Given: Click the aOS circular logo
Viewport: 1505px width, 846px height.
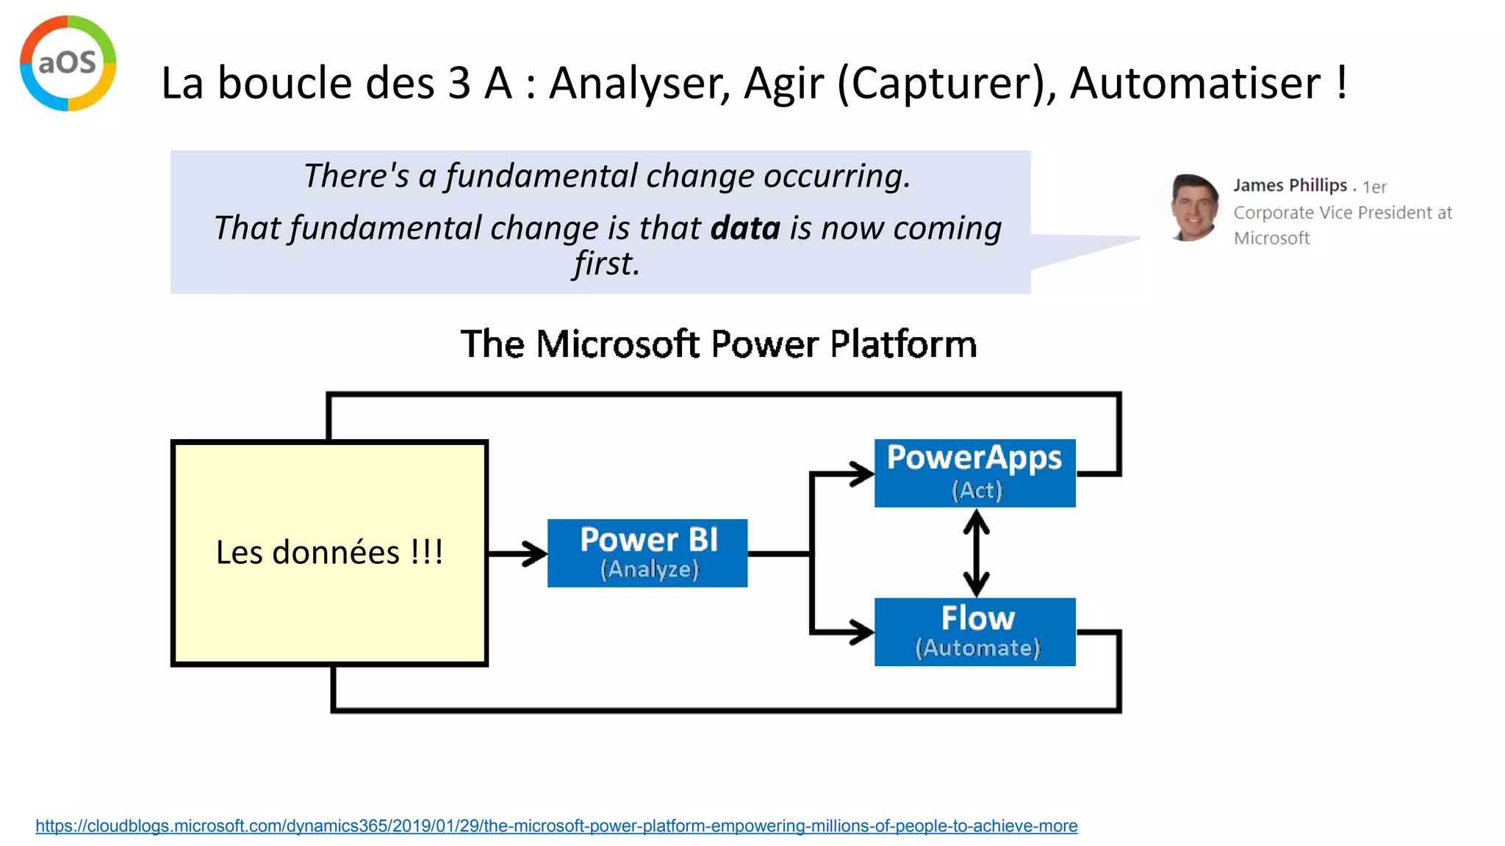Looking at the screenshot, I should [x=68, y=63].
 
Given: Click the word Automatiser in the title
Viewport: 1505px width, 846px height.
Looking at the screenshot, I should [x=1195, y=82].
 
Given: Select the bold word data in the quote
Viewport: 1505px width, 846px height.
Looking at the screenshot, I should [x=744, y=228].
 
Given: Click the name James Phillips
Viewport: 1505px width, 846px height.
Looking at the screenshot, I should [x=1290, y=186].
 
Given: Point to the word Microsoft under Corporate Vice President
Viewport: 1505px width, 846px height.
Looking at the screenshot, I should [x=1271, y=239].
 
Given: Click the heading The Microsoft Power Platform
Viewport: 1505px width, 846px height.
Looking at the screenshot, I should [x=719, y=344].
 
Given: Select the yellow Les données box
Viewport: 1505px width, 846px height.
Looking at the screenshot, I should [x=329, y=552].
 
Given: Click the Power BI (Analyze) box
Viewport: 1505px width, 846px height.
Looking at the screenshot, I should [x=647, y=553].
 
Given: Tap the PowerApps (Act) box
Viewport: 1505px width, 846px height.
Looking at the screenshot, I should [x=974, y=473].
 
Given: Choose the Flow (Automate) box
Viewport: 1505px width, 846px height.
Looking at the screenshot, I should [x=974, y=632].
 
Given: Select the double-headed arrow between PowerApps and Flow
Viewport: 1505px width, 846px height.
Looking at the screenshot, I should [x=976, y=552].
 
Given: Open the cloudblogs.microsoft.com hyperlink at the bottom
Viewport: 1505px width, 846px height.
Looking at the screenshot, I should [x=556, y=826].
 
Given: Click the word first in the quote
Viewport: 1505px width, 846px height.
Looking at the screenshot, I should [x=607, y=264].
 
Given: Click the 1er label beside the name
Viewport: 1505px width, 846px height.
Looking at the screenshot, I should [x=1374, y=187].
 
